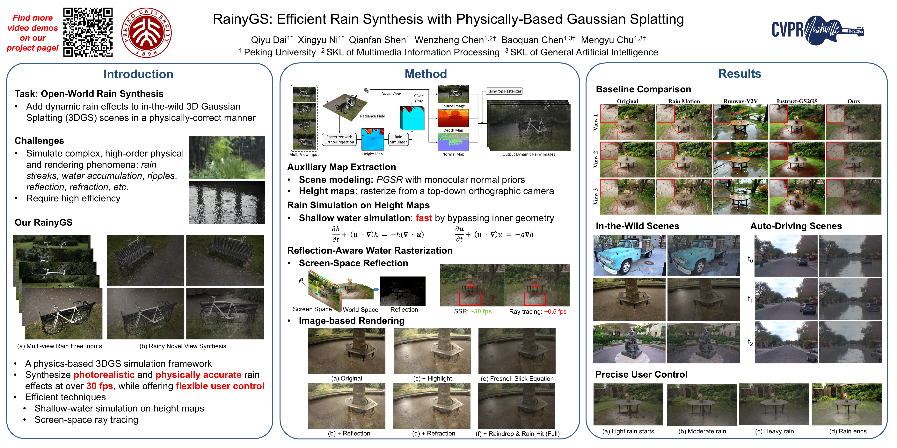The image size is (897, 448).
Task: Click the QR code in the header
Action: [x=88, y=32]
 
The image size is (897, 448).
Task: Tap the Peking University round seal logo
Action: [x=146, y=33]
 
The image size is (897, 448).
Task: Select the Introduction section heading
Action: [x=138, y=74]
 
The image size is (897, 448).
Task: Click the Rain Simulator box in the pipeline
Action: [x=398, y=139]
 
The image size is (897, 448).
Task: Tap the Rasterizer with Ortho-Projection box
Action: [x=339, y=139]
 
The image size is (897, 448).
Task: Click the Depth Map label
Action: [x=453, y=130]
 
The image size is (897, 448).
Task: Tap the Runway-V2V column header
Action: [x=740, y=101]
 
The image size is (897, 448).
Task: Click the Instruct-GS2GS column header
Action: [x=797, y=101]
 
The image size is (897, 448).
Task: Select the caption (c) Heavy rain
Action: [x=774, y=431]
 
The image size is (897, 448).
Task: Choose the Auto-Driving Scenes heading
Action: [x=796, y=226]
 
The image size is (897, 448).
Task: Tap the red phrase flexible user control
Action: [x=220, y=386]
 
